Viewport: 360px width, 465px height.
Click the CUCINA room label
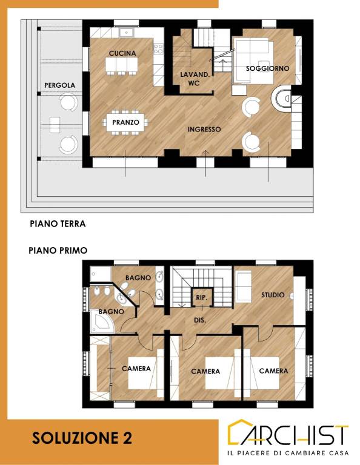(x=122, y=53)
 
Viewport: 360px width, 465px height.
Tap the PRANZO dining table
(x=125, y=122)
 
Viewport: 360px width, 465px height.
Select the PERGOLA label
(x=59, y=85)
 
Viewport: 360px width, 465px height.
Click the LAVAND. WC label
(x=195, y=79)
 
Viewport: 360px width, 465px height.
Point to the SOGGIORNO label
(x=267, y=68)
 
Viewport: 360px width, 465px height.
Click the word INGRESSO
(x=204, y=130)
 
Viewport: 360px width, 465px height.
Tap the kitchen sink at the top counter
(x=127, y=32)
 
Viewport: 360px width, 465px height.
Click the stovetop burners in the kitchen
(x=158, y=48)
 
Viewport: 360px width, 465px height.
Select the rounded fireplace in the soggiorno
(x=281, y=98)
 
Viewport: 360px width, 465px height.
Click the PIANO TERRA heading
(x=58, y=223)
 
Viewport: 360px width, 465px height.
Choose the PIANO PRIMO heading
(x=58, y=250)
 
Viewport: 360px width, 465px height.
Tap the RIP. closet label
(x=202, y=297)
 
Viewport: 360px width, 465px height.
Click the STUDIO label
(x=273, y=295)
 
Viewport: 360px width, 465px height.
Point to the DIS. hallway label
(x=200, y=320)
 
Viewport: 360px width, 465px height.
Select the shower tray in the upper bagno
(x=101, y=274)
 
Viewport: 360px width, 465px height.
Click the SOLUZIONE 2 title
(x=82, y=438)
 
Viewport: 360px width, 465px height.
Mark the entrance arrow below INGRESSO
(x=205, y=163)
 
